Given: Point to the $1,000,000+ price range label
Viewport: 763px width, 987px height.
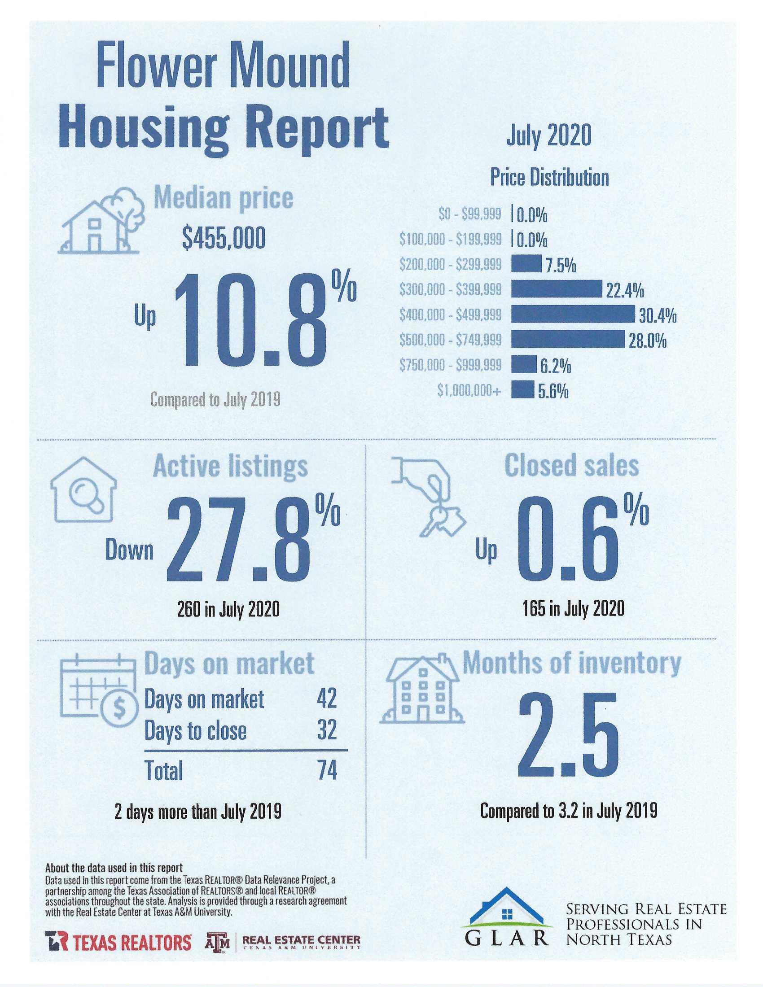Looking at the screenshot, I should tap(469, 390).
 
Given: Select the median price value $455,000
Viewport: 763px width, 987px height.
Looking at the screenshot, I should tap(224, 239).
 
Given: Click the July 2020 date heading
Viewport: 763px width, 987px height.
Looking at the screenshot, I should tap(548, 135).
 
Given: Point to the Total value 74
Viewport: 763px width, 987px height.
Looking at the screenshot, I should tap(327, 770).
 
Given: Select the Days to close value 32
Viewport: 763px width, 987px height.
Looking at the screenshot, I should tap(327, 730).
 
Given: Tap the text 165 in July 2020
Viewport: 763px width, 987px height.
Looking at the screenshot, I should tap(573, 609).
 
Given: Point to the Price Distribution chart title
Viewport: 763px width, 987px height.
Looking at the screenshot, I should tap(549, 177).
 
